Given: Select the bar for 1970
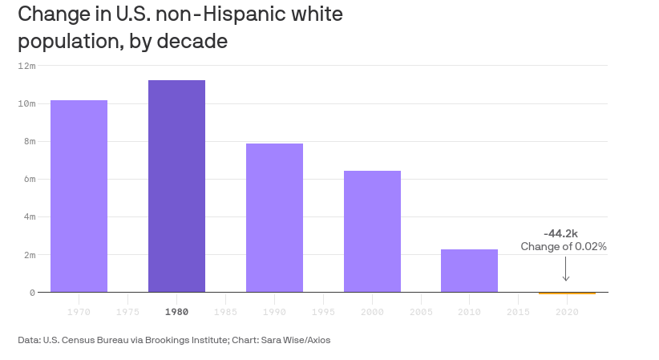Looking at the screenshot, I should click(79, 196).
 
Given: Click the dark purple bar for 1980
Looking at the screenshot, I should click(176, 186).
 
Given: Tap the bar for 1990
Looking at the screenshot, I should click(274, 217).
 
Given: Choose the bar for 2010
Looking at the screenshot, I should click(469, 270).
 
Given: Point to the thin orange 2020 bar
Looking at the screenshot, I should click(567, 293).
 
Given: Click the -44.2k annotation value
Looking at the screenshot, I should click(560, 233).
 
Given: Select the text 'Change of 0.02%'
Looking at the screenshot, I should click(564, 247).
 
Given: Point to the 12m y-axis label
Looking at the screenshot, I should click(27, 66).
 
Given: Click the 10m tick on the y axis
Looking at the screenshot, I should click(27, 103).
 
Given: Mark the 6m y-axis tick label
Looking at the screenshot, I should click(30, 180).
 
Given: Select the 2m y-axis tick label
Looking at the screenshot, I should click(30, 255).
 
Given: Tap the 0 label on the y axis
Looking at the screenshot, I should click(32, 293).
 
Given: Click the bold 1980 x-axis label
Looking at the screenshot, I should click(176, 311).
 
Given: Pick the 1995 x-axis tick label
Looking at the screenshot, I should click(323, 311).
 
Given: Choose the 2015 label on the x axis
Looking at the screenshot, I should click(518, 311).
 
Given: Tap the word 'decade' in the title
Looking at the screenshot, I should click(192, 42).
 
